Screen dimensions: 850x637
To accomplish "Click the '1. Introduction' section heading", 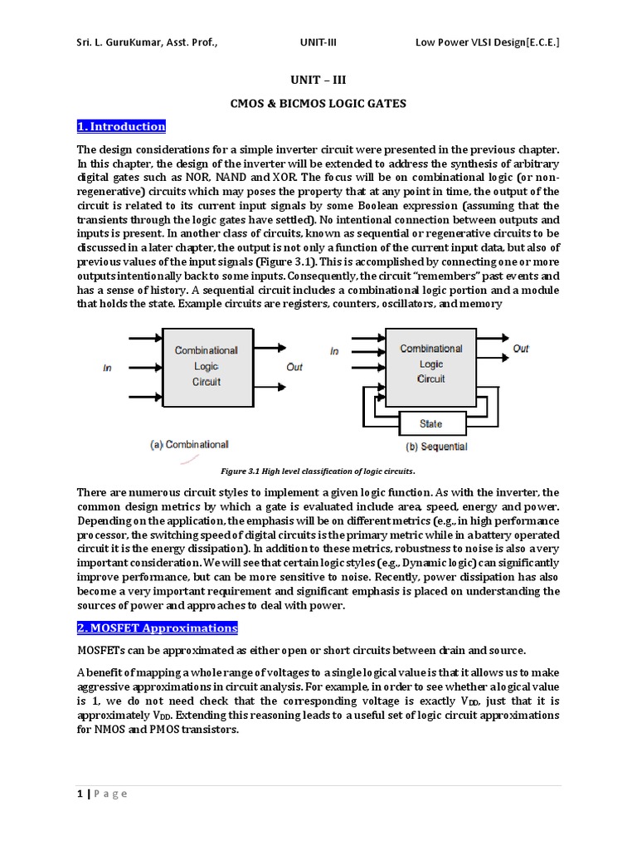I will tap(121, 127).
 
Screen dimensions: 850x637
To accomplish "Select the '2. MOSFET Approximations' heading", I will tap(157, 628).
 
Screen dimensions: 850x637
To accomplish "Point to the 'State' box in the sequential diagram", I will tap(430, 423).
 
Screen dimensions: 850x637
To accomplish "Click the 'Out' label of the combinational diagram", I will tap(294, 367).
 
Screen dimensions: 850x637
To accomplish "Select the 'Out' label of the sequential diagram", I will tap(520, 349).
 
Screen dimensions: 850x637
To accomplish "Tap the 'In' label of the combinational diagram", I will tap(107, 368).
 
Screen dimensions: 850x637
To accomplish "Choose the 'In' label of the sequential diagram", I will tap(334, 351).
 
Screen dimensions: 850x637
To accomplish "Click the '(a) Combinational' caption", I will tap(189, 445).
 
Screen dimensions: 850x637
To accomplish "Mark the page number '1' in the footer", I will tap(80, 794).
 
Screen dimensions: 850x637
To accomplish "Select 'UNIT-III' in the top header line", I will tap(318, 42).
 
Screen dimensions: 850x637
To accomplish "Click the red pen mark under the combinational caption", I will tap(192, 457).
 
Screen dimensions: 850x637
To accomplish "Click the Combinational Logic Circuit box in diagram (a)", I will tap(206, 366).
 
